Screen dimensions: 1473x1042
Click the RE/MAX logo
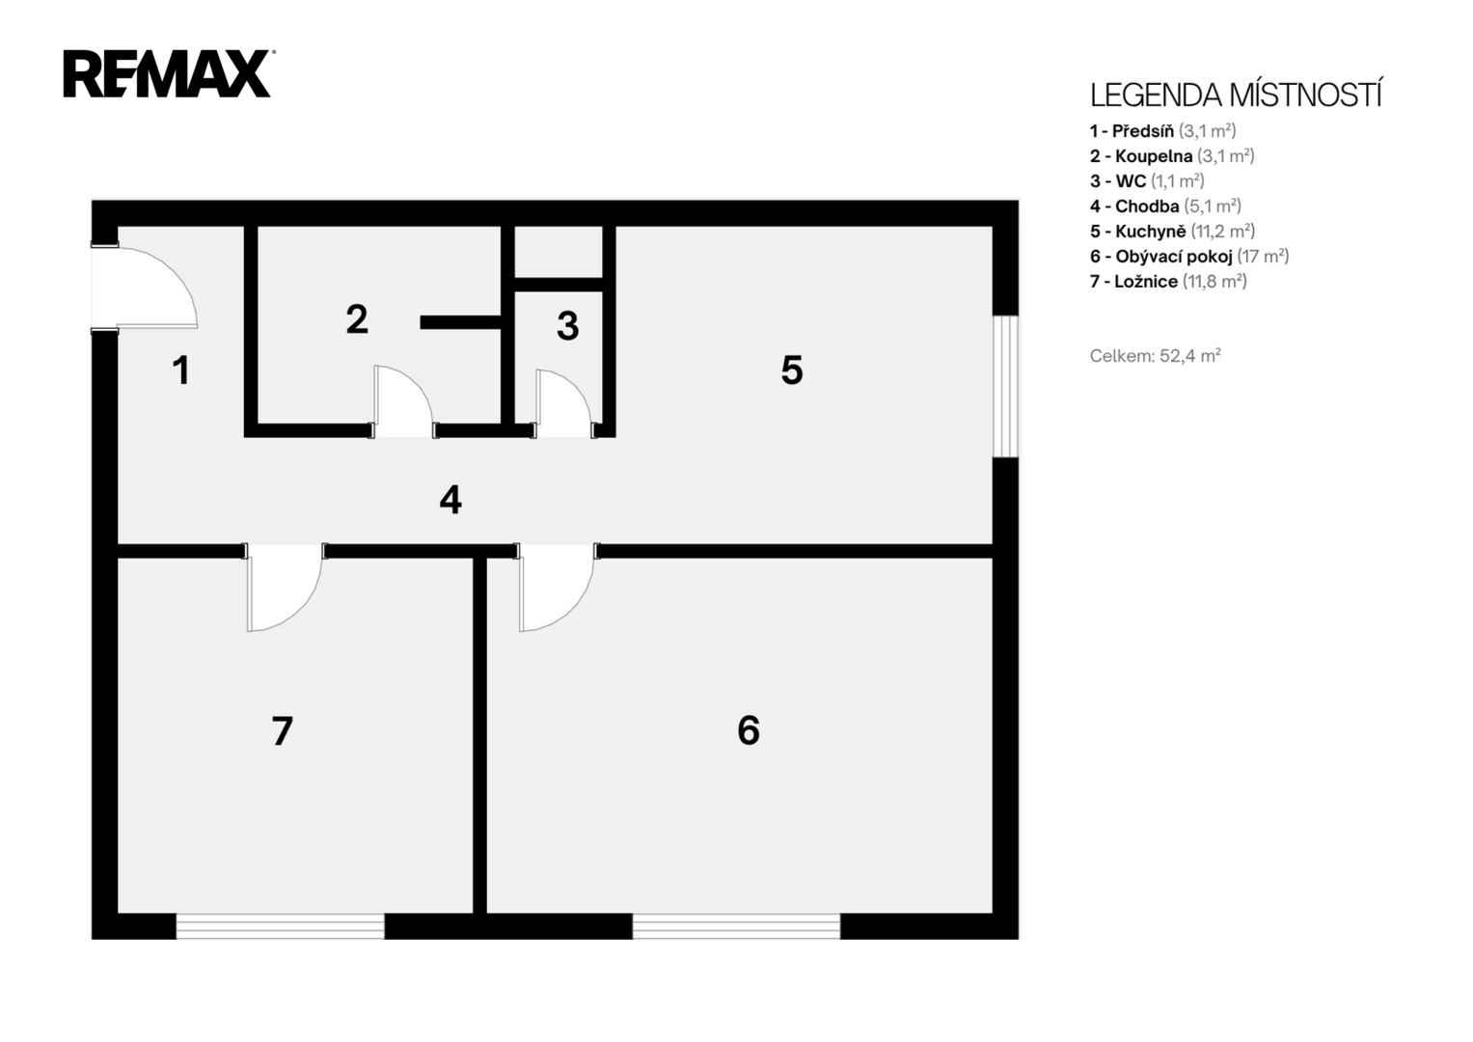click(169, 73)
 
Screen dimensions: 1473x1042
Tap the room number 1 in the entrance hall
click(180, 370)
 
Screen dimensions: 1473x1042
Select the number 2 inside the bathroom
click(357, 319)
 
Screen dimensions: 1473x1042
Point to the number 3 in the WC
click(567, 326)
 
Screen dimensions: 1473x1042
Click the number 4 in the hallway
click(450, 500)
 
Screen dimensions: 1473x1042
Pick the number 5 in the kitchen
click(792, 370)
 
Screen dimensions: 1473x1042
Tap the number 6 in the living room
click(749, 730)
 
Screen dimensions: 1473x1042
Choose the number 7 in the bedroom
click(282, 731)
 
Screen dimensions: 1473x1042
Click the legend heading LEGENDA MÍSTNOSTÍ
click(1236, 96)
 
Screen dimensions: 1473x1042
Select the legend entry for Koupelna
click(1172, 156)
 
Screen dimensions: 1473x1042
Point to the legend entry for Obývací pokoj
click(1189, 256)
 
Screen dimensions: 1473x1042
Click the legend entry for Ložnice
click(1168, 282)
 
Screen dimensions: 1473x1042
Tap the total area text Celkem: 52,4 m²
click(1156, 356)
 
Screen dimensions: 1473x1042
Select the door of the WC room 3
click(563, 401)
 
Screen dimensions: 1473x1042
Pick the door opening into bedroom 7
click(284, 588)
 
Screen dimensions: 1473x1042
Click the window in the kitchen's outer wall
click(1005, 386)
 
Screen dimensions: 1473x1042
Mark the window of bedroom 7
click(280, 926)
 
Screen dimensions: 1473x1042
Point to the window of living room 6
click(737, 926)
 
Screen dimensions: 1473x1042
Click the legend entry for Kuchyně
click(1172, 231)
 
